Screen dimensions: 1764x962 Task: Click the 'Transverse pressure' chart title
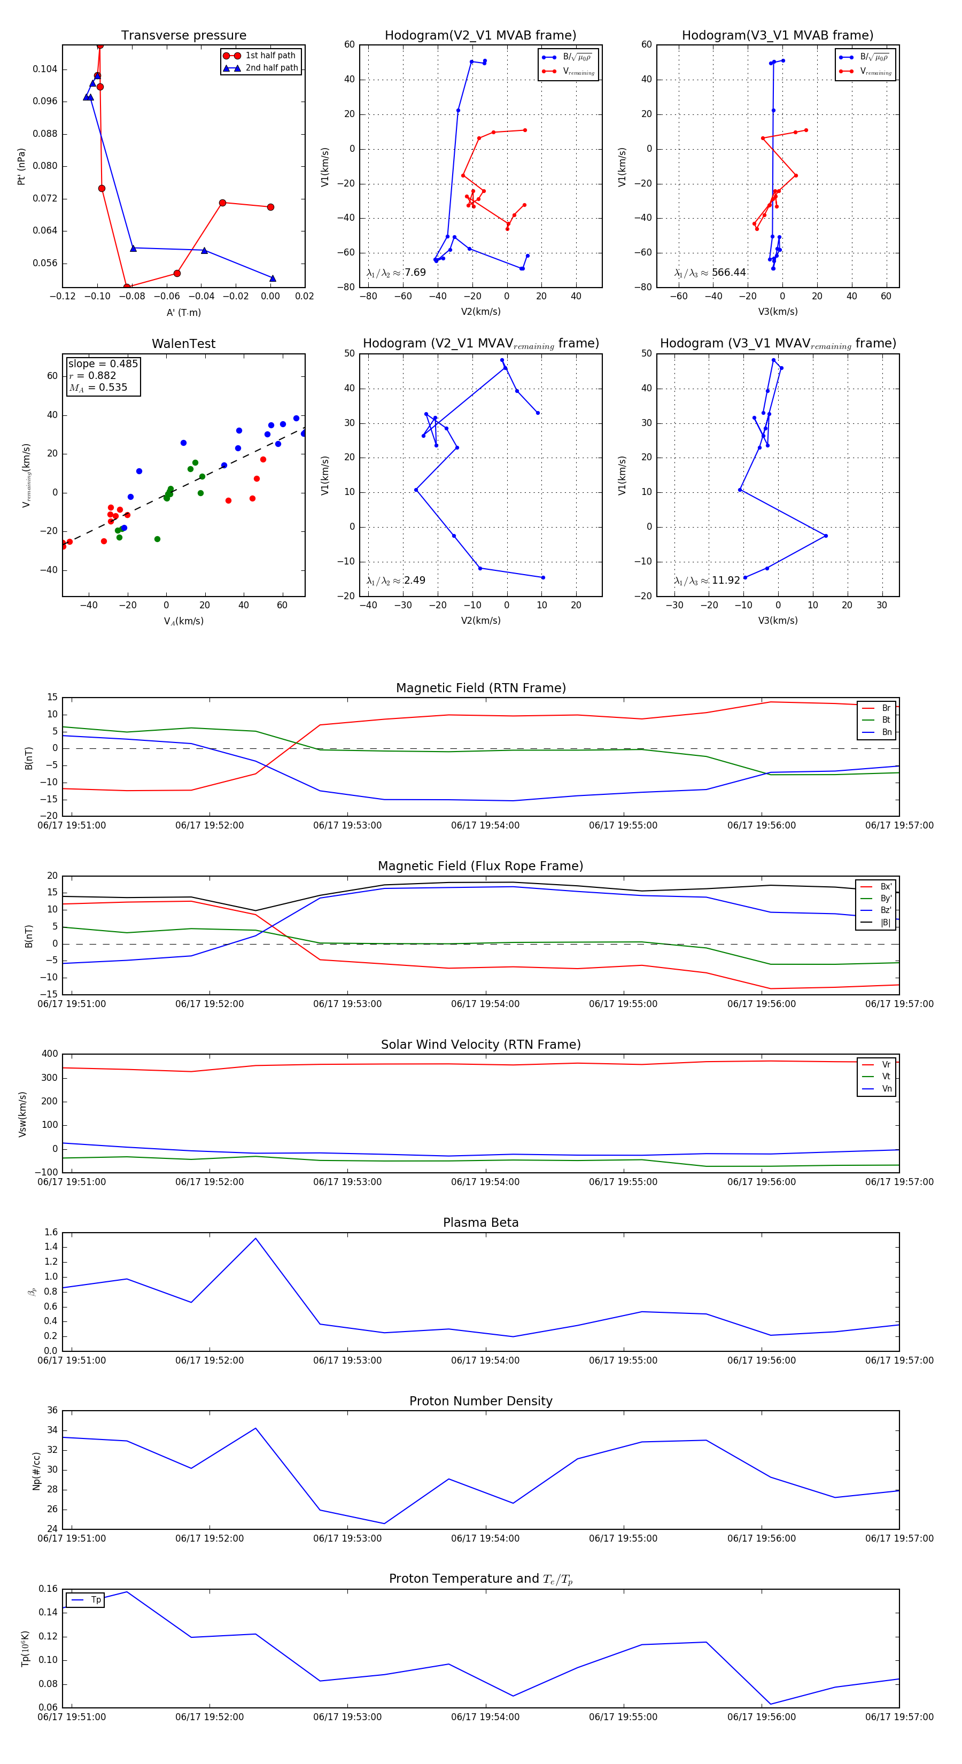[x=183, y=36]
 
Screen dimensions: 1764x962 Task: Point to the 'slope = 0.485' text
[x=103, y=363]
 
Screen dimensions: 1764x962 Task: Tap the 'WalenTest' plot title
[x=183, y=344]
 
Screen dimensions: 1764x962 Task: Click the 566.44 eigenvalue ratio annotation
[x=728, y=273]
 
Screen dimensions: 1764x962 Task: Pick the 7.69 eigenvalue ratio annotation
[x=415, y=273]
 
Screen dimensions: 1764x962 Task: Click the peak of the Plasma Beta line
[x=255, y=1238]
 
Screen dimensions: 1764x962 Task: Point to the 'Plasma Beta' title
[x=480, y=1223]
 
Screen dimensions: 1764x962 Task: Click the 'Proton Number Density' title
[x=480, y=1401]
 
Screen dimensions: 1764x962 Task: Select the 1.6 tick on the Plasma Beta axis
[x=51, y=1233]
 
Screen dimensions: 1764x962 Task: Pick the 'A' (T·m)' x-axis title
[x=183, y=313]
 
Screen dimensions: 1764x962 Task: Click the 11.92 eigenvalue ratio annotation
[x=726, y=581]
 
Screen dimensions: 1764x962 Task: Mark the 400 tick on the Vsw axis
[x=49, y=1054]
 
